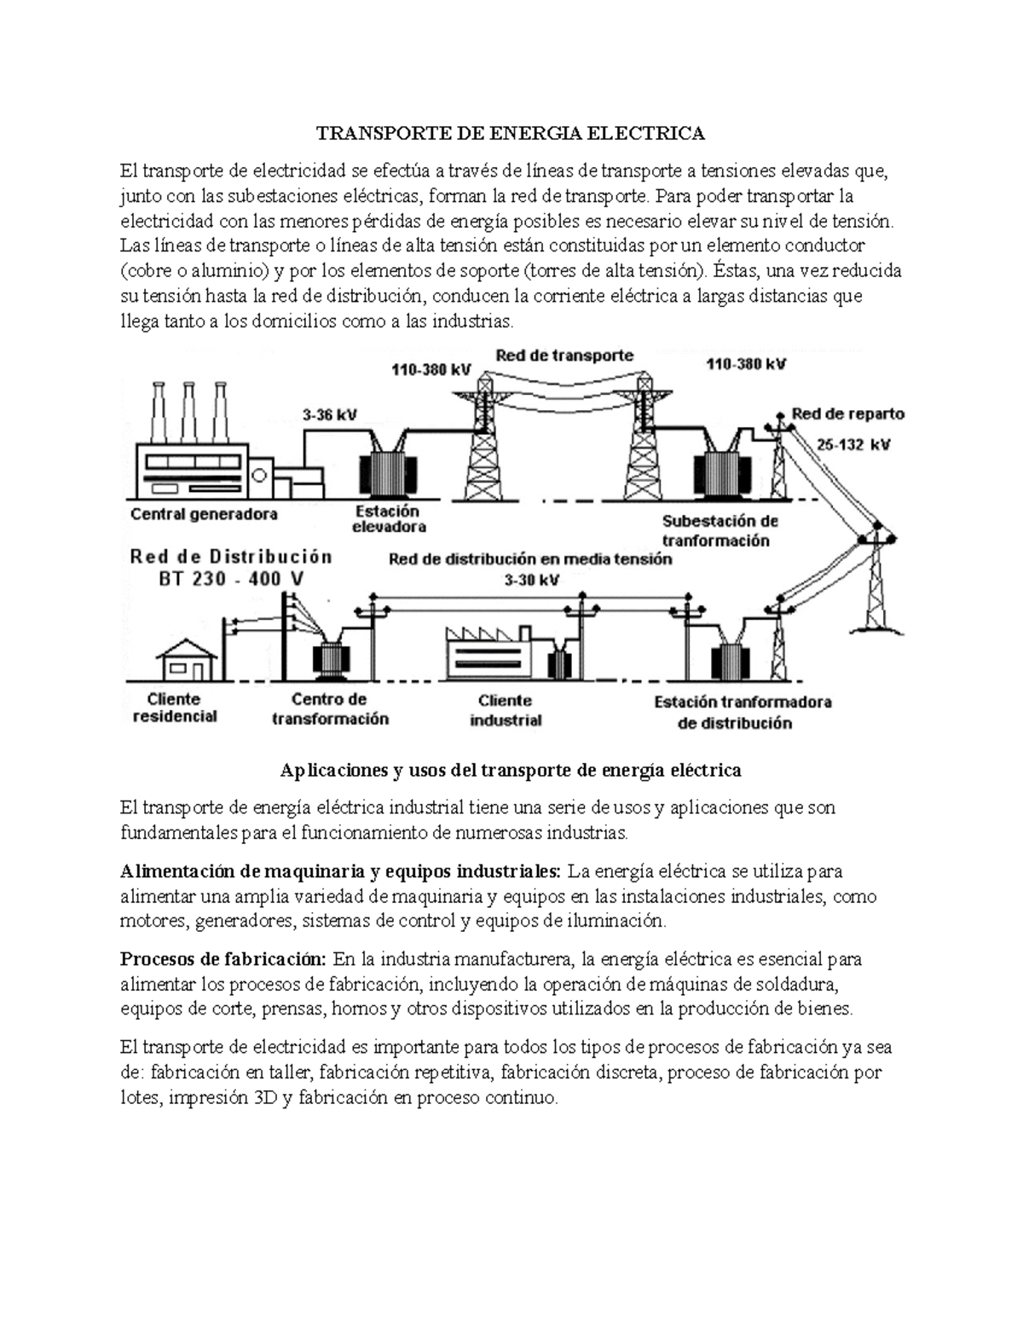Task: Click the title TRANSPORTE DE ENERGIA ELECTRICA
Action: pyautogui.click(x=511, y=133)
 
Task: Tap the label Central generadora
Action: pyautogui.click(x=204, y=514)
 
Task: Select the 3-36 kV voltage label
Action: pyautogui.click(x=329, y=415)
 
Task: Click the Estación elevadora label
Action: pyautogui.click(x=389, y=519)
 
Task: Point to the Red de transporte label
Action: pyautogui.click(x=564, y=356)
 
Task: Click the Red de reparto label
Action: pyautogui.click(x=847, y=413)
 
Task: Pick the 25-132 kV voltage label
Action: pyautogui.click(x=853, y=444)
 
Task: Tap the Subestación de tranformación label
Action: pyautogui.click(x=720, y=530)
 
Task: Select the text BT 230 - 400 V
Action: pyautogui.click(x=230, y=579)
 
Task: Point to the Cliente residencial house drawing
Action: pyautogui.click(x=185, y=658)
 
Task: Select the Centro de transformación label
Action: pyautogui.click(x=330, y=708)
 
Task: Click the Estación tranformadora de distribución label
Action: pyautogui.click(x=742, y=713)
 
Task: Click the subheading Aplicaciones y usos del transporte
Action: pyautogui.click(x=511, y=770)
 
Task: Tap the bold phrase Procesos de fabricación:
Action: pyautogui.click(x=223, y=959)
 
